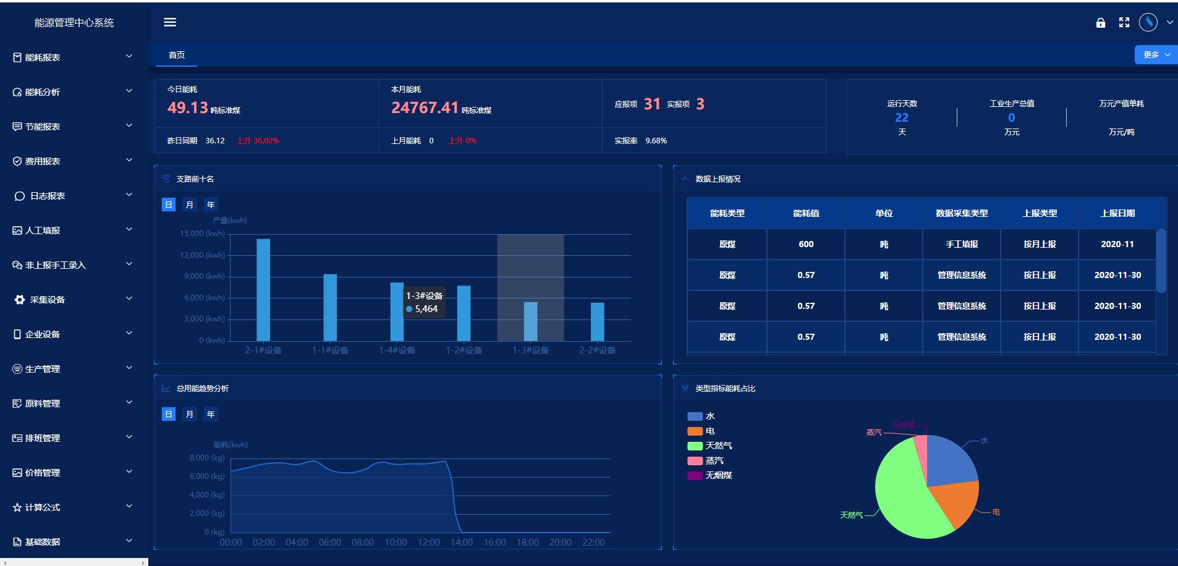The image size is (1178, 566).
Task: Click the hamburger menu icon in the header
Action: tap(170, 22)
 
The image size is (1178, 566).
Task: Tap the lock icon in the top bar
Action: tap(1101, 23)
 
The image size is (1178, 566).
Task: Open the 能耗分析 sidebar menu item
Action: tap(42, 92)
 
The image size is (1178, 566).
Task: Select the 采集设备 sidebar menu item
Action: tap(47, 300)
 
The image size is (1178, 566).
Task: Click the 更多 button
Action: tap(1155, 54)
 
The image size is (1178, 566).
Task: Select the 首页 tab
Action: tap(177, 55)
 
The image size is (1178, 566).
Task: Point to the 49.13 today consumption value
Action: tap(187, 108)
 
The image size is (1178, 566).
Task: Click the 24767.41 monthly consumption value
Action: tap(425, 108)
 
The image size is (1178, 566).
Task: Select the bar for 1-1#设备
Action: tap(330, 307)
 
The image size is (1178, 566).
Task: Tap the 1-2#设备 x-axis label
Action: tap(464, 350)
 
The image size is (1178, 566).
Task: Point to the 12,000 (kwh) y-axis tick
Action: tap(202, 255)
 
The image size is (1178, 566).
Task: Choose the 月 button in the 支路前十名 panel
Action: tap(190, 205)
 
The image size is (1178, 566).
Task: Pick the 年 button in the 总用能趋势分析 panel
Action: tap(211, 414)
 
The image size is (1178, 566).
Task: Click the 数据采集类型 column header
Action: tap(962, 213)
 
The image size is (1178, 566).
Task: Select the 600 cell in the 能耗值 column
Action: tap(806, 244)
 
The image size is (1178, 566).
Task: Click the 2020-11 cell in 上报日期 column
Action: tap(1117, 244)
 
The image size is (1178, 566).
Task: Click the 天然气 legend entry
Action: tap(718, 446)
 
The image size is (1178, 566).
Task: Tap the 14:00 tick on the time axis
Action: tap(462, 543)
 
